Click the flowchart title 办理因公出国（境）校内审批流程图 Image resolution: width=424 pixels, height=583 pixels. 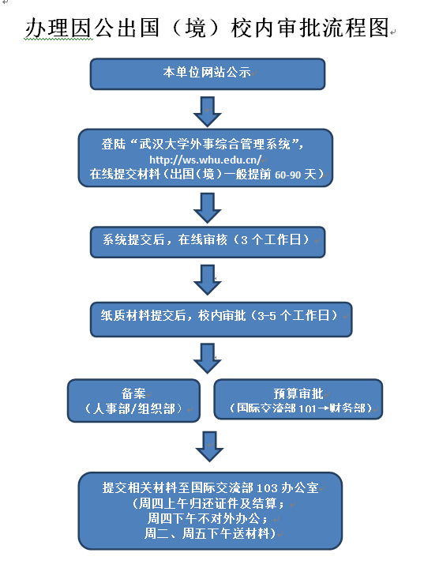207,28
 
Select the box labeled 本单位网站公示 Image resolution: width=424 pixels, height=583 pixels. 208,73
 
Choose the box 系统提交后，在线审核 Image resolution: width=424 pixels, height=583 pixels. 207,240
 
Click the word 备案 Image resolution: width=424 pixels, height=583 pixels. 133,393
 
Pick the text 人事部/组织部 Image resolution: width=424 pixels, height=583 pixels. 133,408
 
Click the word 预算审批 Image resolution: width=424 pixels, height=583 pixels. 298,393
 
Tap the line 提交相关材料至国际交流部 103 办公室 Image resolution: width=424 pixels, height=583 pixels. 211,487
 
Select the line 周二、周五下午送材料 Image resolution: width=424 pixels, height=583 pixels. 209,534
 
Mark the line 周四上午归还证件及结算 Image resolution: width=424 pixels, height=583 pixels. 211,503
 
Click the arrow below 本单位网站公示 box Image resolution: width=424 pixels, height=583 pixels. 208,111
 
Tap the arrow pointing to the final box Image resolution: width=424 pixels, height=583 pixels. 208,446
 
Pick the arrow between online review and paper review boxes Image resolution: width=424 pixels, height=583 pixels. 208,278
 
